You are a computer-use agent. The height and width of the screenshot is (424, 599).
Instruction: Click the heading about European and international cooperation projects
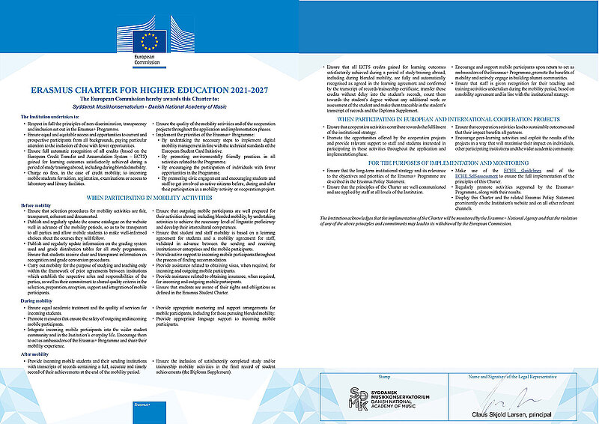click(449, 118)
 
